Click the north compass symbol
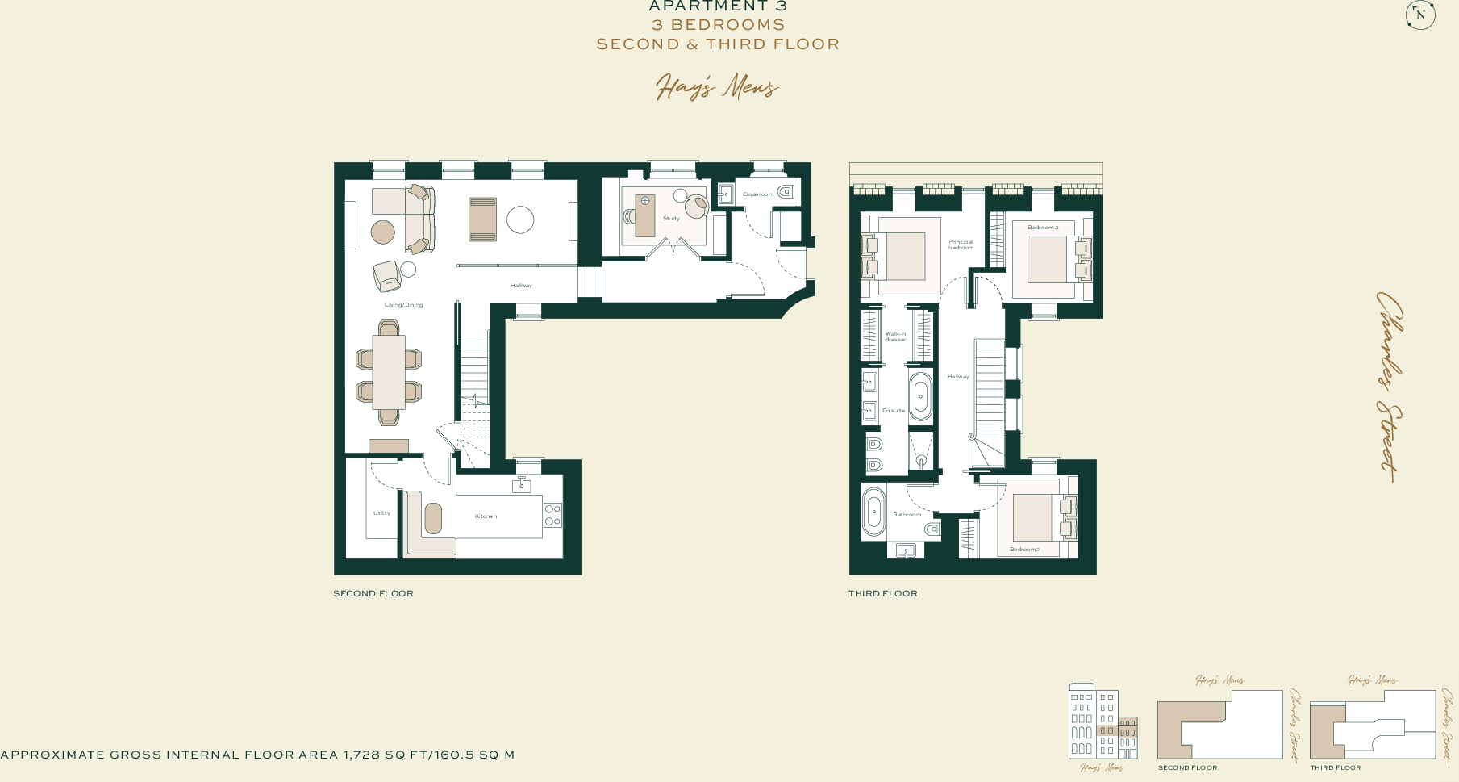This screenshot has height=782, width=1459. click(1420, 15)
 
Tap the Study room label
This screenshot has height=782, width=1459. click(671, 219)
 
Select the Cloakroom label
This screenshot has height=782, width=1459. click(757, 194)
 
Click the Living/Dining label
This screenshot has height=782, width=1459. click(403, 305)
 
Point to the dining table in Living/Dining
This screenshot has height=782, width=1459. click(389, 372)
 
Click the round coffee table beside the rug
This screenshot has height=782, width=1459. click(520, 220)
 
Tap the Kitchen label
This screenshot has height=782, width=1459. click(486, 516)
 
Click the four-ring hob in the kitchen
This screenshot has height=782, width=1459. click(552, 515)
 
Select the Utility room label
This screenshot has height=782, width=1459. click(381, 513)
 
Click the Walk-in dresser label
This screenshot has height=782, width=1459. click(895, 337)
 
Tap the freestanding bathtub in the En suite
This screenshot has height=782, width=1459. click(920, 397)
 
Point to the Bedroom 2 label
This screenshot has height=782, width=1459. click(1024, 550)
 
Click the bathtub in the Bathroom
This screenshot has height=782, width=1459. click(873, 512)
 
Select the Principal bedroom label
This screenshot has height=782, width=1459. click(961, 245)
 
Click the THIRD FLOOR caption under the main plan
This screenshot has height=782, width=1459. click(882, 593)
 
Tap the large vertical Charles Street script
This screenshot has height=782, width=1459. click(1389, 387)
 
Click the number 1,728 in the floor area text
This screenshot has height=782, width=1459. click(361, 755)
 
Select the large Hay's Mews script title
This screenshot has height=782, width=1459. click(717, 86)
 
